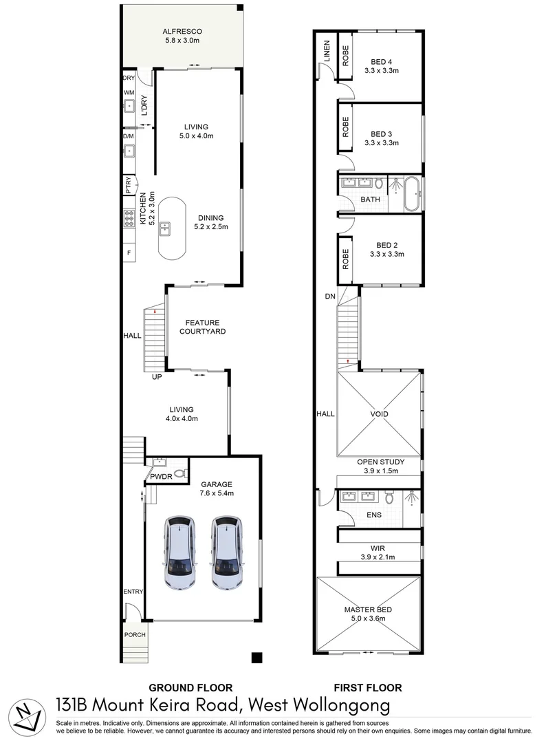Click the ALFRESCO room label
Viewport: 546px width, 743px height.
click(x=182, y=31)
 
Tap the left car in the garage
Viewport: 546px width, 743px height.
click(x=180, y=552)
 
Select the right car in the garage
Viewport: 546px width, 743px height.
click(x=228, y=552)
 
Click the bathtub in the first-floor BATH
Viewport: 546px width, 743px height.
click(x=411, y=194)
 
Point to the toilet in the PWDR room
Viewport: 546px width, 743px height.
click(x=179, y=473)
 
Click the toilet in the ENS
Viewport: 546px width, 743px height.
click(x=389, y=497)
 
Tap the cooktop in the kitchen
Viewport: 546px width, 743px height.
click(x=129, y=219)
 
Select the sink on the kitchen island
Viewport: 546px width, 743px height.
click(x=165, y=229)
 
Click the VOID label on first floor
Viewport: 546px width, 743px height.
click(x=380, y=413)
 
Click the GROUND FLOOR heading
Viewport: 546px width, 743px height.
click(x=191, y=687)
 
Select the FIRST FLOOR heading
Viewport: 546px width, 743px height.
click(x=368, y=687)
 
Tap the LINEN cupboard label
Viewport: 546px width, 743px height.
click(x=327, y=51)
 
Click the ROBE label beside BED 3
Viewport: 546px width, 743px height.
click(x=345, y=127)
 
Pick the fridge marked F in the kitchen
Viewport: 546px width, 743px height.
click(x=129, y=253)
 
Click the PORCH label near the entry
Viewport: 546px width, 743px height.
click(x=135, y=634)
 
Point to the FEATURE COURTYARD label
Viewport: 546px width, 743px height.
click(x=203, y=327)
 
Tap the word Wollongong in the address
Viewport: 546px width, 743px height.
click(x=342, y=706)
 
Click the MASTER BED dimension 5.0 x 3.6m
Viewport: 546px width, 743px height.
click(x=368, y=618)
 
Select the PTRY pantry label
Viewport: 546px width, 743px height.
click(x=129, y=185)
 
